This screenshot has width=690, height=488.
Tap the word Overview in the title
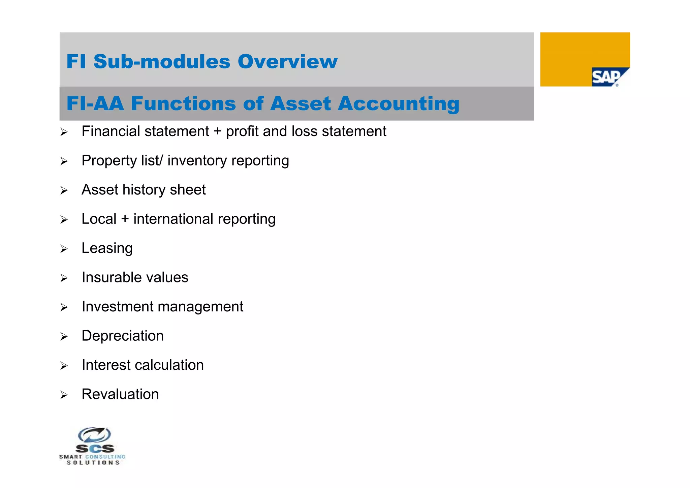point(287,62)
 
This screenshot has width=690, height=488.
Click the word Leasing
point(107,248)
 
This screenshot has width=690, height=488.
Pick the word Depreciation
point(123,336)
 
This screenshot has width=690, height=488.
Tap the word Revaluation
point(120,394)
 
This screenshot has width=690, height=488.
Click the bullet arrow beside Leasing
point(64,249)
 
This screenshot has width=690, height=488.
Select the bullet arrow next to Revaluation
point(64,395)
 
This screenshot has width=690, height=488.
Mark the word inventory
point(197,161)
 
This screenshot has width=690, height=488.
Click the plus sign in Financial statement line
point(218,131)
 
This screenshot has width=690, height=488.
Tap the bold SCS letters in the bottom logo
point(95,449)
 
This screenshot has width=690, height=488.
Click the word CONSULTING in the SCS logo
point(105,457)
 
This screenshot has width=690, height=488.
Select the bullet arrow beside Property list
point(64,161)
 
